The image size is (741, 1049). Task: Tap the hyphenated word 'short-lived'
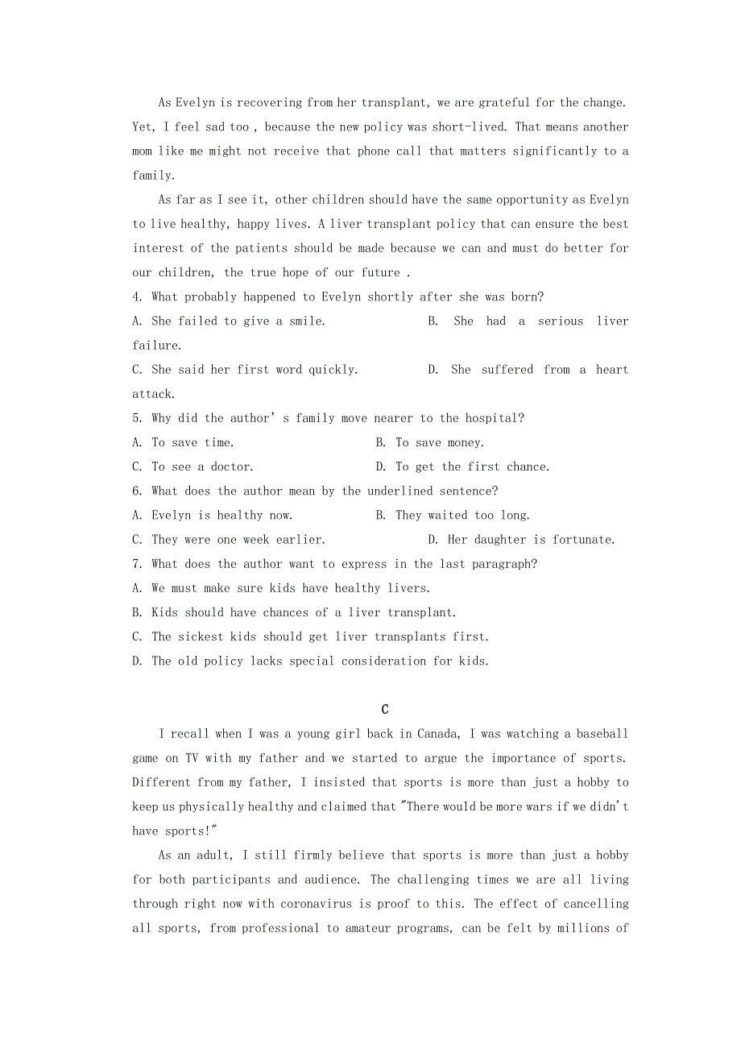coord(468,126)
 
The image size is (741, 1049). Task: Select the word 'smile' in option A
coord(304,321)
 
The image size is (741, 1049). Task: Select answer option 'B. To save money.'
coord(430,442)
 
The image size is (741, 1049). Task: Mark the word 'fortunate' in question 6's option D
coord(584,540)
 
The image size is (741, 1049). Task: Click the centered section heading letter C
coord(385,709)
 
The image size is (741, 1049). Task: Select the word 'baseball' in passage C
coord(602,734)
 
